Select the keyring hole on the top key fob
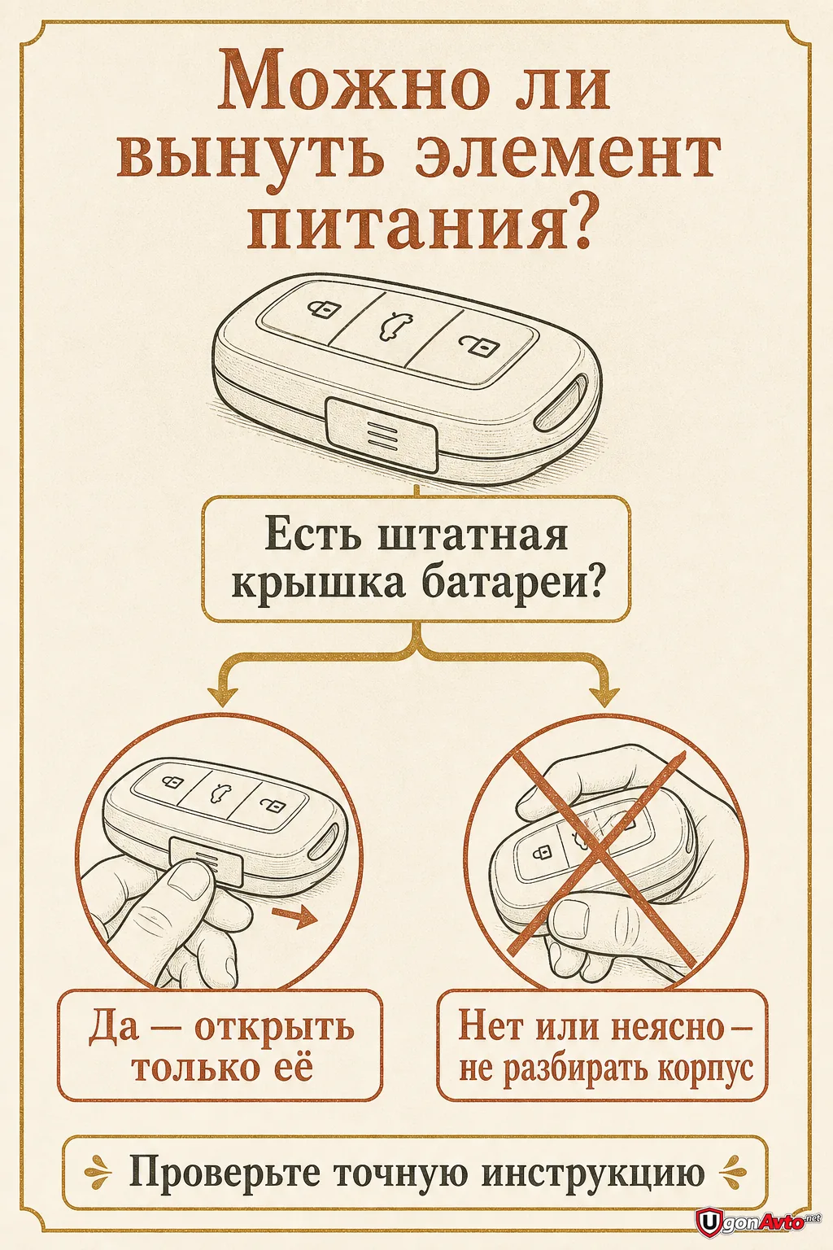(560, 403)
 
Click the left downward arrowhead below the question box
(223, 697)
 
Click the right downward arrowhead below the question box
(604, 697)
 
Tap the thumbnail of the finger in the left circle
(190, 882)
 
